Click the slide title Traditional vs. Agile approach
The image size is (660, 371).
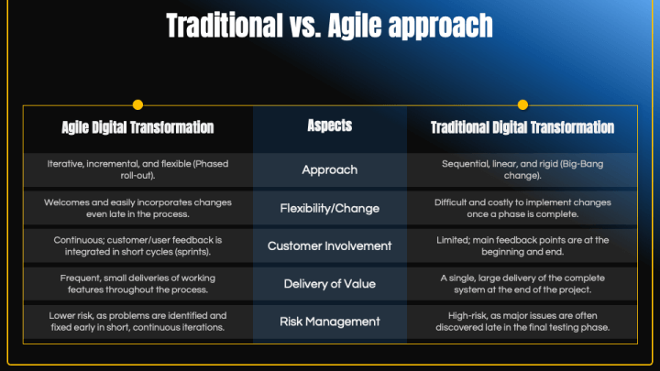pos(329,26)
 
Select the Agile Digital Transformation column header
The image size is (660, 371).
pos(137,127)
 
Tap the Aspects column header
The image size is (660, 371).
pos(329,125)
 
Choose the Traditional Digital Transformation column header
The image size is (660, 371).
pos(522,127)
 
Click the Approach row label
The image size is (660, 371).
pos(329,169)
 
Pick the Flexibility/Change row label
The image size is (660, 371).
pos(329,208)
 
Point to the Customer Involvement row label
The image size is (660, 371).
pos(329,246)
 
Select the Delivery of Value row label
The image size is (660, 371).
pos(329,283)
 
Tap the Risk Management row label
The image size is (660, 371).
pos(329,322)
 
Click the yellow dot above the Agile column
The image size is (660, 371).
pos(137,104)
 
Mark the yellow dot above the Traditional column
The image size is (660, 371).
pos(522,104)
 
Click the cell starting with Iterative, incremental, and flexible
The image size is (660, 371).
pos(137,169)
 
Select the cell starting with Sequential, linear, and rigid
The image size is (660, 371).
pos(522,169)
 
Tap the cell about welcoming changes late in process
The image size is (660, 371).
pos(137,208)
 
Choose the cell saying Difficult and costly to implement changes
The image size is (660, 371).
pos(522,208)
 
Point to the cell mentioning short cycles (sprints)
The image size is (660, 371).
pos(137,246)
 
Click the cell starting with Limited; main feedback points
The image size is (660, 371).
pos(522,246)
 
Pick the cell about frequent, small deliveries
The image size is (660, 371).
pos(137,283)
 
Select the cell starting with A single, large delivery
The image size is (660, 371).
pos(522,283)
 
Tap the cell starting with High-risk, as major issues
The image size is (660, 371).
pos(522,322)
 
